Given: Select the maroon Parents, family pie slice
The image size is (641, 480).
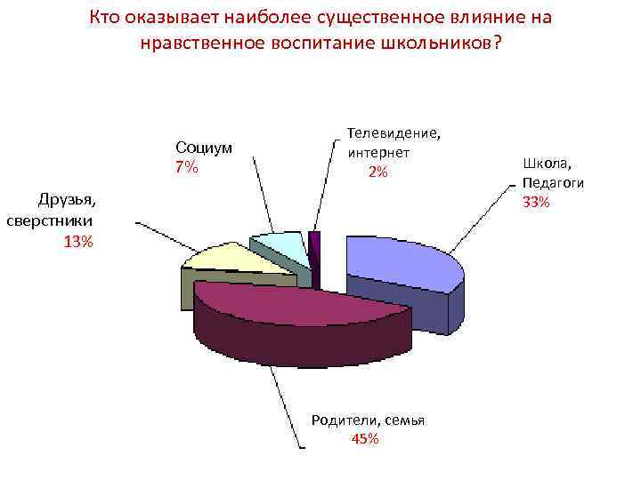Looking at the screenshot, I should (x=303, y=307).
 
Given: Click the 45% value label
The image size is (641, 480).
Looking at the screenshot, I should (x=366, y=439).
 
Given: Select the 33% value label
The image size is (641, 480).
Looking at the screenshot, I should (x=536, y=203).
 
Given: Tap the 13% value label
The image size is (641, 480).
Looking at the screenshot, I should (x=78, y=241).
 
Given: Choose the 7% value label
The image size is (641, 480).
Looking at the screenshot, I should (x=187, y=167).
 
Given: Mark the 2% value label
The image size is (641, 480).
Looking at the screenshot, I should (x=377, y=172).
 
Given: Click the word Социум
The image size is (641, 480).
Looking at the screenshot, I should (x=204, y=148).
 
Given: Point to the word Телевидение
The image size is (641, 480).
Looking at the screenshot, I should (x=394, y=133).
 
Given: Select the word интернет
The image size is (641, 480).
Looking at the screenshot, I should (x=377, y=152).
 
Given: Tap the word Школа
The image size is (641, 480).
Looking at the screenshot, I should (x=546, y=164).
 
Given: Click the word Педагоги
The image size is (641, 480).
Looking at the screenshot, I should (x=553, y=183).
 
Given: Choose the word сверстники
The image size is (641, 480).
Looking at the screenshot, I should (x=53, y=220).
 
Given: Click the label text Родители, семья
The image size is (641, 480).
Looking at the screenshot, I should (x=368, y=420).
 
